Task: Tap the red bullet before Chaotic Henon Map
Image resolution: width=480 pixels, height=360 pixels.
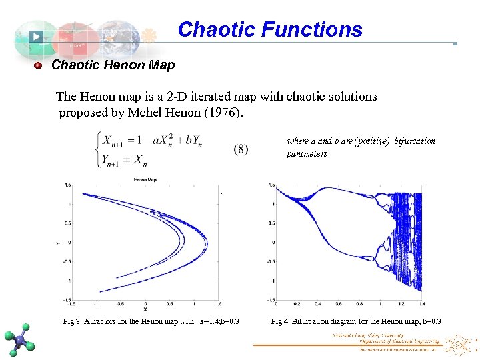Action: click(38, 65)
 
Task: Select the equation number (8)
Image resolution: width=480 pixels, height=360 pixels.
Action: click(241, 149)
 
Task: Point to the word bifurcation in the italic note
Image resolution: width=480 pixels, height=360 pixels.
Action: click(415, 141)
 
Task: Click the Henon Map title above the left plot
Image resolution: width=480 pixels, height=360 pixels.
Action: click(145, 180)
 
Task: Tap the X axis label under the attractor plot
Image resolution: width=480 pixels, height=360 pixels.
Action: click(145, 309)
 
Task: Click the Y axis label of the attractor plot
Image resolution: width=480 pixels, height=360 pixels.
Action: click(58, 242)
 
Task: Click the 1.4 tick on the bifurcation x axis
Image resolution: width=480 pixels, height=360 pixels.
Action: click(421, 304)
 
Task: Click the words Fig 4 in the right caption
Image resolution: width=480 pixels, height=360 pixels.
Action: click(281, 322)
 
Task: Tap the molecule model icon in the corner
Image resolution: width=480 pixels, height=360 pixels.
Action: click(21, 339)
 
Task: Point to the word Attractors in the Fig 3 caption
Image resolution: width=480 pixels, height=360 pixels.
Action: click(103, 322)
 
